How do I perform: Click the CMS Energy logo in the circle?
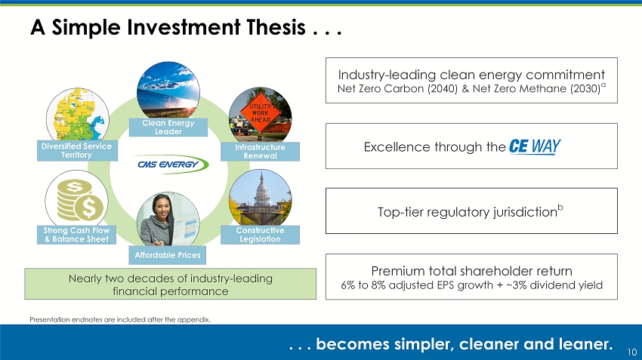pyautogui.click(x=173, y=164)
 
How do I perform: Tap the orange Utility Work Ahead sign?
pyautogui.click(x=261, y=113)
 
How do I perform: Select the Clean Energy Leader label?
pyautogui.click(x=168, y=128)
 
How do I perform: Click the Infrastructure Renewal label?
pyautogui.click(x=260, y=152)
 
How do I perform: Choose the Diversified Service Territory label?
pyautogui.click(x=77, y=150)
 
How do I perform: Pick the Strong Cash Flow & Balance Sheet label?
pyautogui.click(x=76, y=235)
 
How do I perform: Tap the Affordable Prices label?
pyautogui.click(x=168, y=255)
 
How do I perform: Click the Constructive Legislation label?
pyautogui.click(x=260, y=235)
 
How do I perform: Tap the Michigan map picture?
pyautogui.click(x=78, y=115)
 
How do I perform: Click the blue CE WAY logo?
pyautogui.click(x=535, y=146)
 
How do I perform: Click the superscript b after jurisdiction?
pyautogui.click(x=560, y=208)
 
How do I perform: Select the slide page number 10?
pyautogui.click(x=632, y=352)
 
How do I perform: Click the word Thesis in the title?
pyautogui.click(x=276, y=27)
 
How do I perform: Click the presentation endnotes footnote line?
pyautogui.click(x=120, y=319)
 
